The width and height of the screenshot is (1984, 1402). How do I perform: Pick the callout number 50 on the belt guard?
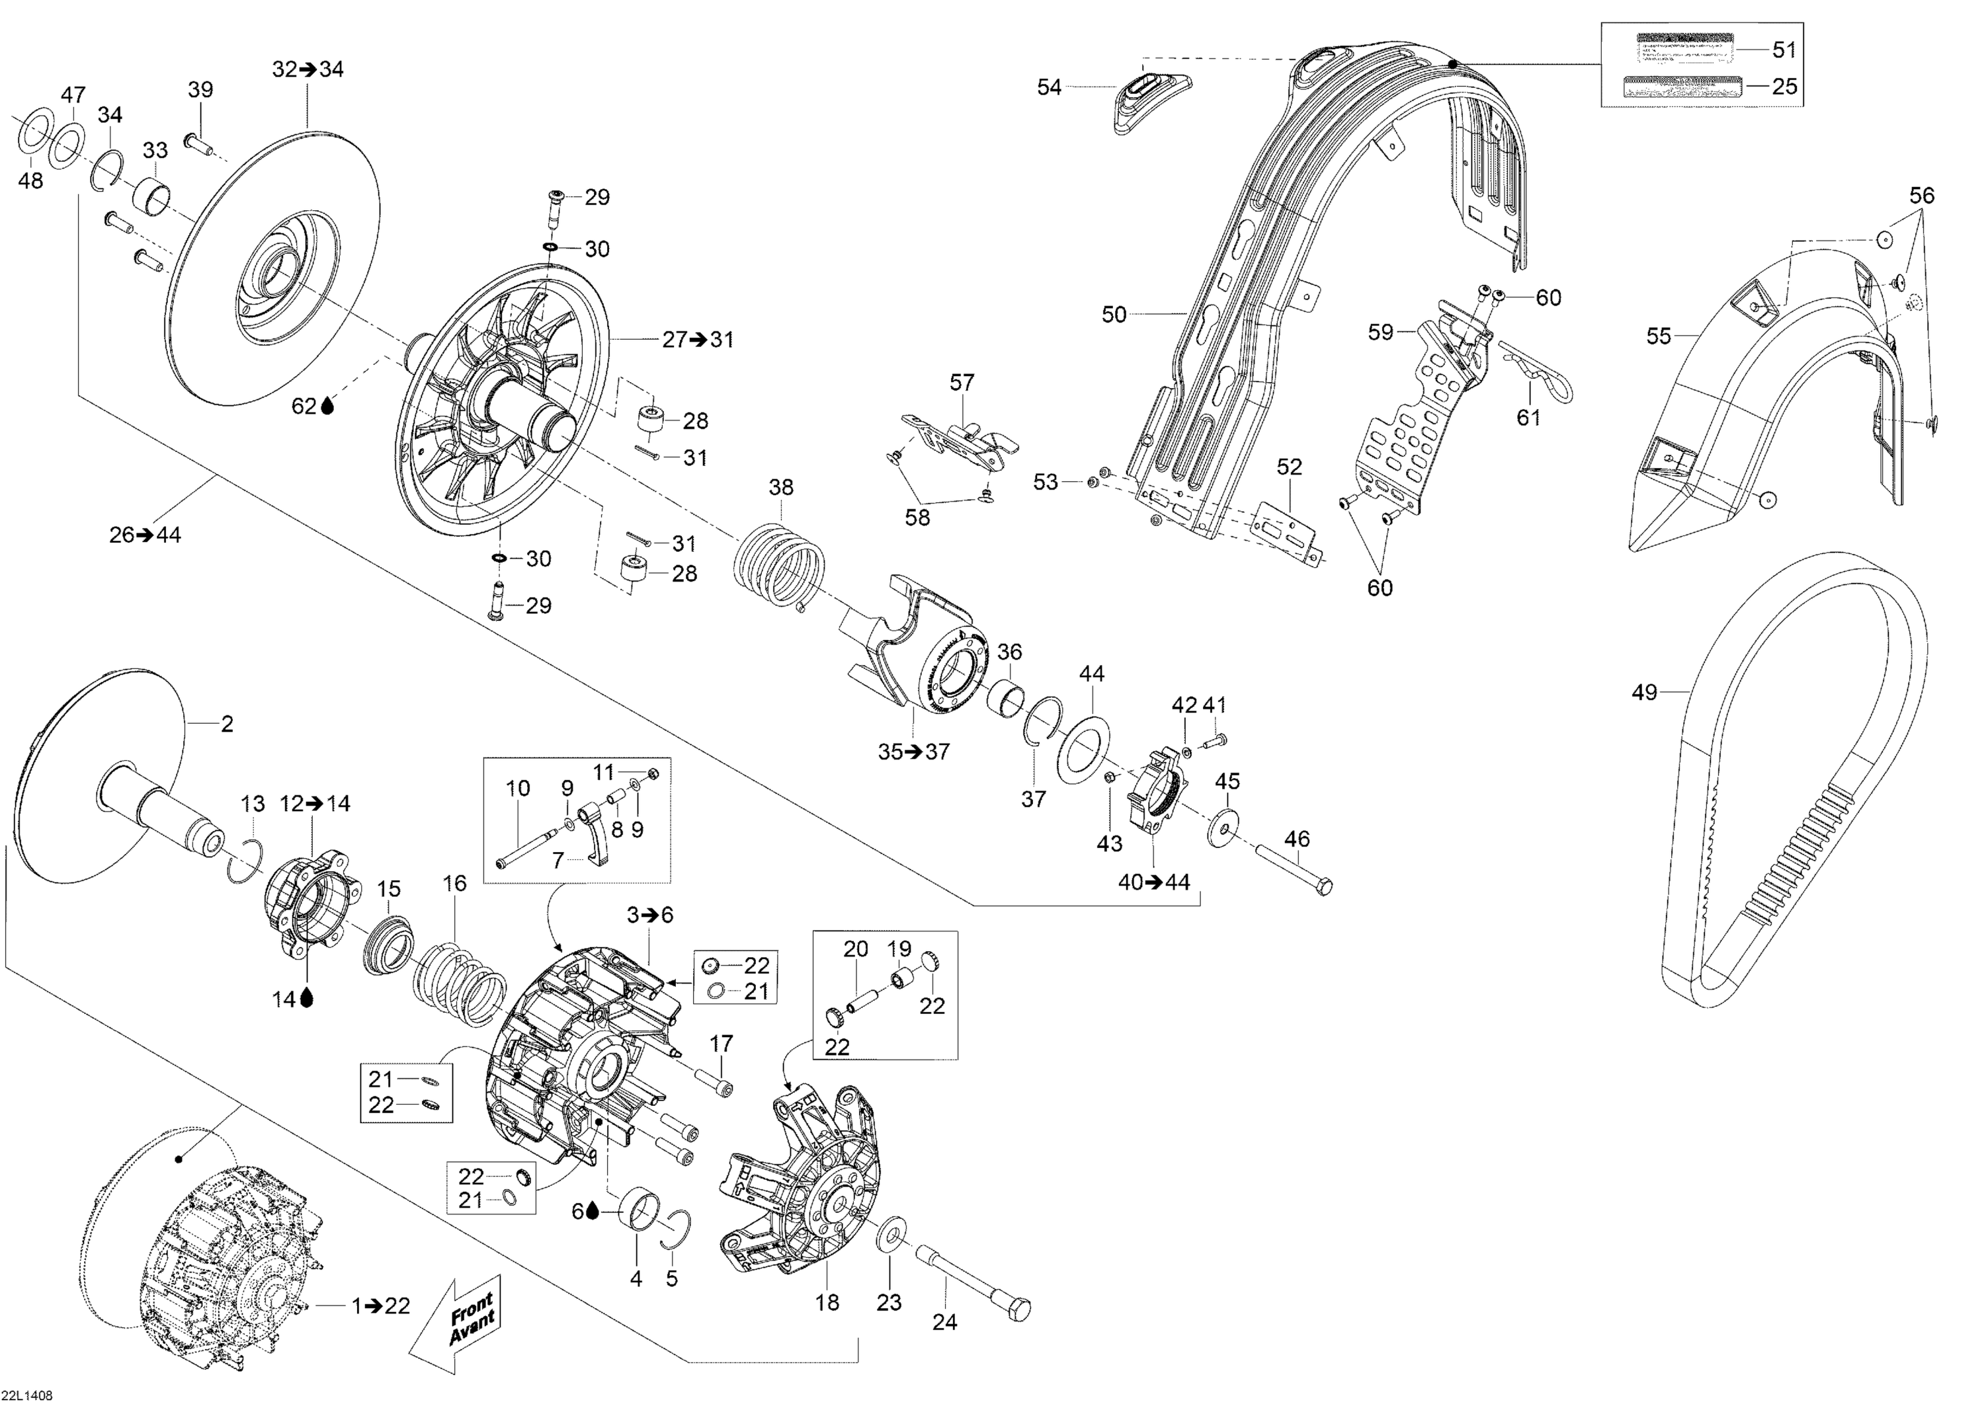pyautogui.click(x=1114, y=315)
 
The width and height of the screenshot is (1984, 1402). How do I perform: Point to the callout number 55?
pyautogui.click(x=1658, y=336)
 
